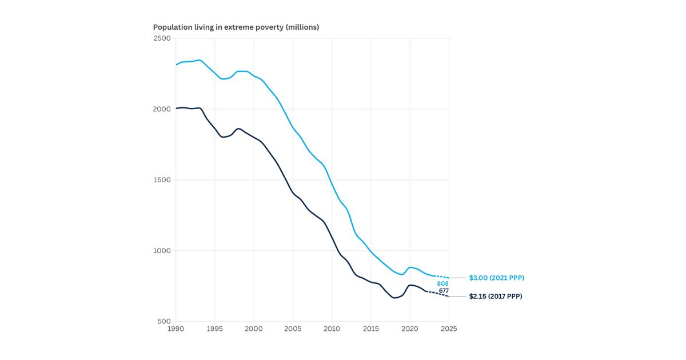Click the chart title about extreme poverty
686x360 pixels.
click(x=236, y=27)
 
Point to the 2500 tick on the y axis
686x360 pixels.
click(x=163, y=38)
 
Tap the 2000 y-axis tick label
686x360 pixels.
click(x=163, y=109)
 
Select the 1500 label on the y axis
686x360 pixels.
click(x=163, y=180)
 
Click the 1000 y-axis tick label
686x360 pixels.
click(x=163, y=251)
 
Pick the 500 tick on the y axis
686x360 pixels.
click(x=165, y=321)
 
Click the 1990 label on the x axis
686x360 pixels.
click(x=176, y=329)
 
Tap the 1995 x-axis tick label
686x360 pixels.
click(x=214, y=329)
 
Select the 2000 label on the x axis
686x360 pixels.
click(x=254, y=329)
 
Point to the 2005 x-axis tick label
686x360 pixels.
click(x=293, y=329)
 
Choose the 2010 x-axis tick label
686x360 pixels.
click(x=332, y=329)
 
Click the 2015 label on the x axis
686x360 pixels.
click(x=370, y=329)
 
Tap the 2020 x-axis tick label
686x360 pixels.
click(x=409, y=329)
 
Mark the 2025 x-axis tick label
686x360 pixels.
click(x=449, y=329)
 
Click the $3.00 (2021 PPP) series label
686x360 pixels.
click(x=496, y=278)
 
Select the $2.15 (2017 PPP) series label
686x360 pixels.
click(x=495, y=297)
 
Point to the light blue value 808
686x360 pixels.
click(x=442, y=283)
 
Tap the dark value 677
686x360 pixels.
click(x=444, y=291)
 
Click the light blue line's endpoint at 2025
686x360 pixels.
click(x=449, y=278)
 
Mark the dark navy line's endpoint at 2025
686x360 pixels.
click(x=449, y=297)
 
